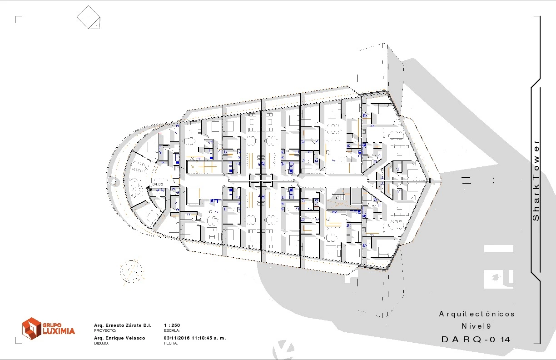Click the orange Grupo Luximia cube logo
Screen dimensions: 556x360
(31, 328)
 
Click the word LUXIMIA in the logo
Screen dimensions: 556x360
(59, 331)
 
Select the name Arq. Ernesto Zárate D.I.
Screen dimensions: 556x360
(123, 325)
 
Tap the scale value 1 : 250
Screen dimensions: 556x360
(172, 325)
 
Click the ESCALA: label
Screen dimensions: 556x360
(172, 331)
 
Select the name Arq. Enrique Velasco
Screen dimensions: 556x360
(119, 338)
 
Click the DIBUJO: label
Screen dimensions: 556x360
(101, 343)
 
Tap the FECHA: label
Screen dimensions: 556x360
(171, 343)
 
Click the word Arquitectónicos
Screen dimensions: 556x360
(477, 314)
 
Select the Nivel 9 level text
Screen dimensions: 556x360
(477, 326)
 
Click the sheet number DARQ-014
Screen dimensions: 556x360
(476, 340)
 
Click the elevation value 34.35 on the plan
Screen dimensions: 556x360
(158, 184)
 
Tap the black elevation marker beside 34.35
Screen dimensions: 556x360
(149, 189)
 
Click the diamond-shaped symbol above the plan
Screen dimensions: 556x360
(89, 17)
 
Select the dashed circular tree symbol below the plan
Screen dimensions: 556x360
(132, 271)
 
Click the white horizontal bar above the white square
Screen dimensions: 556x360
(499, 249)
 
